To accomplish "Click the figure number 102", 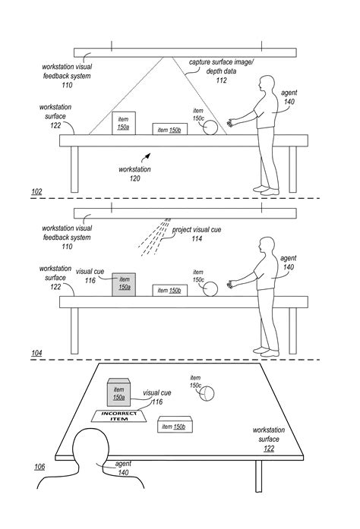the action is (36, 191).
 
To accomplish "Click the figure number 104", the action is (36, 353).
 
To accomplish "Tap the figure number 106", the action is (39, 467).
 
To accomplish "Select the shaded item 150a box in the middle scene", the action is (124, 285).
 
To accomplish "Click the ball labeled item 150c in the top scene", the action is (210, 128).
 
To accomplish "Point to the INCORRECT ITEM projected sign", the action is (119, 416).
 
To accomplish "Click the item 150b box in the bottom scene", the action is (175, 424).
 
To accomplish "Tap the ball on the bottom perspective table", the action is (207, 393).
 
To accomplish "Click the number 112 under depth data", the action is (221, 80).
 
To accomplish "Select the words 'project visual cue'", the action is (197, 230).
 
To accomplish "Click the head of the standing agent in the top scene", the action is (267, 83).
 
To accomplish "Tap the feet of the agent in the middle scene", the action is (267, 351).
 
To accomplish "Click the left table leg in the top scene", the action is (74, 169).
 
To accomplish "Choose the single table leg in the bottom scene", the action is (258, 476).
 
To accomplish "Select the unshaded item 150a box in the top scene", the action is (124, 123).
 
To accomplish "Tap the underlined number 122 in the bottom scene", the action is (269, 449).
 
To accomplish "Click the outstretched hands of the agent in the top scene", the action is (231, 122).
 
